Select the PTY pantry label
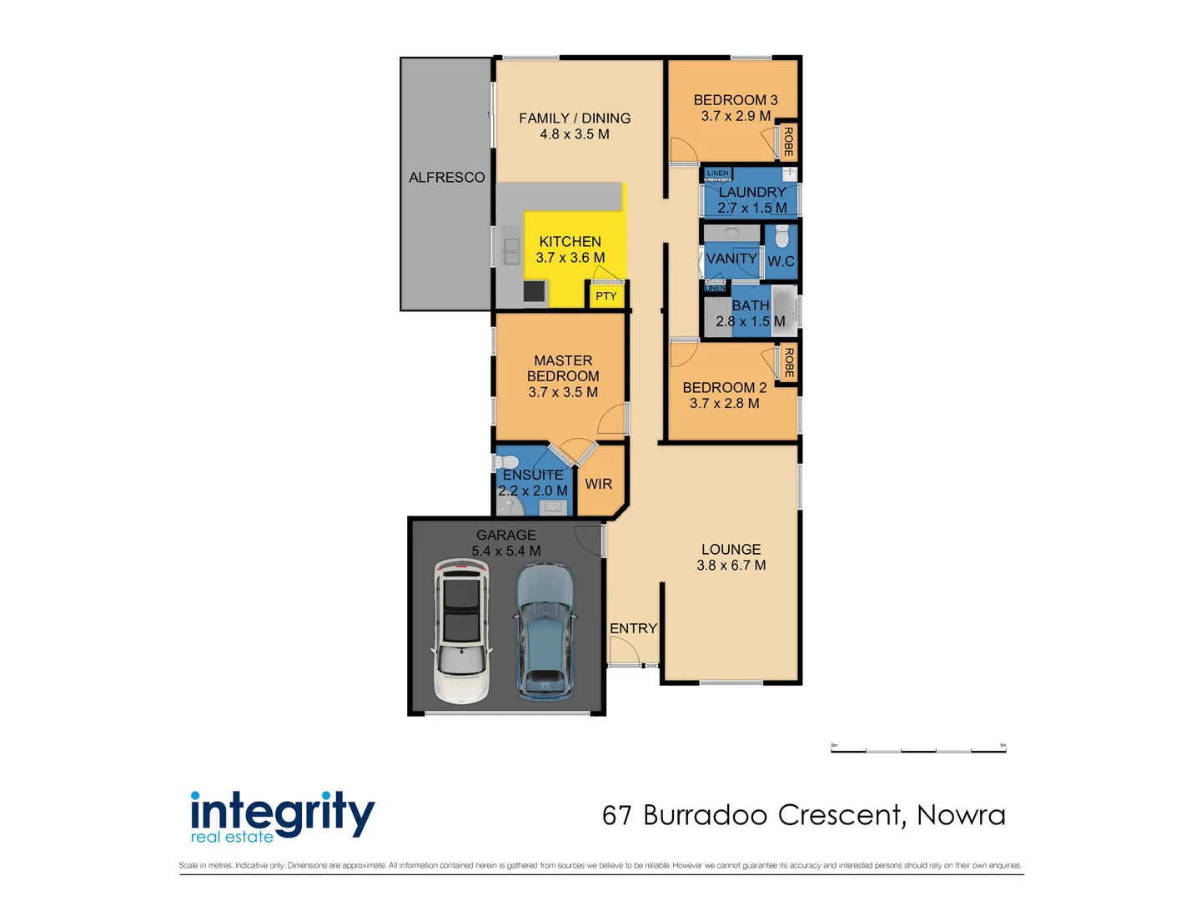(x=606, y=296)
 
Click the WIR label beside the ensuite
(x=598, y=484)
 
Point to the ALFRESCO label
(x=446, y=177)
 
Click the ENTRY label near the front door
(x=633, y=628)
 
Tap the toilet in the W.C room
(x=781, y=236)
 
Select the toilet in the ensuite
(x=505, y=461)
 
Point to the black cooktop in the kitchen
(x=534, y=290)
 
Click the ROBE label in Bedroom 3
(x=788, y=141)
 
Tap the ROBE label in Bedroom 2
(x=788, y=362)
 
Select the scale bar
(x=918, y=750)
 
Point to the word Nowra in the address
(x=961, y=814)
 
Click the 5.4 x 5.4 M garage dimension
(x=505, y=551)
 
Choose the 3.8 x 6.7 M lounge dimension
(x=731, y=565)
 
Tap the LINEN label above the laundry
(x=717, y=174)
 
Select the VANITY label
(x=731, y=258)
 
